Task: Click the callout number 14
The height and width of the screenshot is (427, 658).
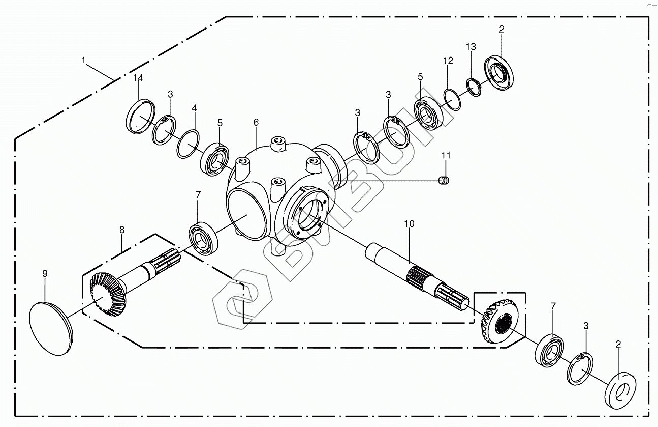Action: (138, 78)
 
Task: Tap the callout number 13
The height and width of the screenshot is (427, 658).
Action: (471, 47)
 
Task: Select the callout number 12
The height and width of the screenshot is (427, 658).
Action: (448, 61)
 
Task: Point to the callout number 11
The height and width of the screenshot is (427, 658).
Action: (446, 155)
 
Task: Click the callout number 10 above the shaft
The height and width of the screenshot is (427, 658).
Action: (410, 223)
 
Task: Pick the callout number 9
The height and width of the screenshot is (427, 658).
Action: (45, 274)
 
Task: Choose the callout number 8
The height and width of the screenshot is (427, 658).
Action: (122, 230)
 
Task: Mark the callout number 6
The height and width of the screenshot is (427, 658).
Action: (256, 122)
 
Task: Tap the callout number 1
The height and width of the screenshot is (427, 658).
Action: (84, 60)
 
